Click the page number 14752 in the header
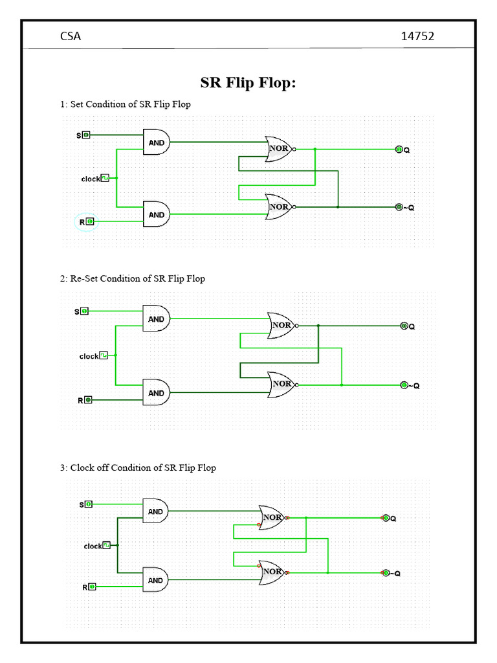pos(417,36)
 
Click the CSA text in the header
pos(71,36)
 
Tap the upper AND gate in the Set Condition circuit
pos(157,142)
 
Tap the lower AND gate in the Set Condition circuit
pos(157,214)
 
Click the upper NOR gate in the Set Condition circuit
pos(279,149)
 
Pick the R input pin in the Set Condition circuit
pos(90,221)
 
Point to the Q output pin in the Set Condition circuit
pos(399,150)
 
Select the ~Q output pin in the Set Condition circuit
pos(399,207)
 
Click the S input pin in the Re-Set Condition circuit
pos(85,311)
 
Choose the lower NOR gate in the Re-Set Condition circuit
pos(282,384)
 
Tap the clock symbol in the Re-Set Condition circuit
pos(104,355)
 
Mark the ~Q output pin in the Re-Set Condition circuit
pos(404,385)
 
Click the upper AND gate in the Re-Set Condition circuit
pos(157,319)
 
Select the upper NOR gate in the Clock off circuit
pos(272,517)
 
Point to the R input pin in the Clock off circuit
pos(93,587)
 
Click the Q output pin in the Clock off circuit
pos(386,518)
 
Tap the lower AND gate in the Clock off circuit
pos(156,580)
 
